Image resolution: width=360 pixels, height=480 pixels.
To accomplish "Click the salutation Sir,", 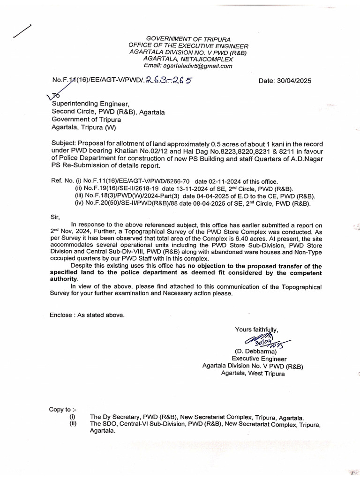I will point(55,217).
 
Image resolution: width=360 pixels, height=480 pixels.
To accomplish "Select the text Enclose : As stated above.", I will point(87,315).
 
